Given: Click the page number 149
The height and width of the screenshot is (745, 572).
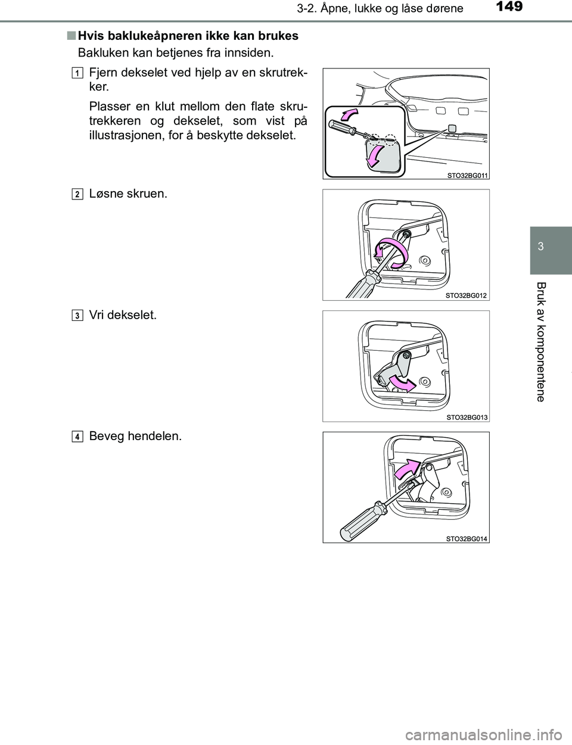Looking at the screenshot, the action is click(x=509, y=7).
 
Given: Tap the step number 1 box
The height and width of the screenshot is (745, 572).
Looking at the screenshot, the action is click(x=77, y=73).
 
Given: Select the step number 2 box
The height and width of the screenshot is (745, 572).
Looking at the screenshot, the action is click(x=77, y=194).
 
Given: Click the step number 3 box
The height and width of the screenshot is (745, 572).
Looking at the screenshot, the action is click(x=77, y=315).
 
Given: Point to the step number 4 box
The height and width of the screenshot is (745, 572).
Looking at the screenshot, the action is click(x=77, y=437).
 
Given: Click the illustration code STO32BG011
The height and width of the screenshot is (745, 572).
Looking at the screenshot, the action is click(x=467, y=176).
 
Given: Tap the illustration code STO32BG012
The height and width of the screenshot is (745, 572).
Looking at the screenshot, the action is click(x=467, y=295).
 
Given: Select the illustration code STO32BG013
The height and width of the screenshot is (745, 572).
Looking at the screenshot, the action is click(x=467, y=417).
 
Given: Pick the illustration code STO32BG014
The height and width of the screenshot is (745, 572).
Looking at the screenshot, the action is click(x=467, y=538).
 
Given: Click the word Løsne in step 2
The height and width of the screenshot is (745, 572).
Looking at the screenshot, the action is click(x=106, y=194).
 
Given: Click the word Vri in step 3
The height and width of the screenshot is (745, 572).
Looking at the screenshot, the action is click(x=97, y=314).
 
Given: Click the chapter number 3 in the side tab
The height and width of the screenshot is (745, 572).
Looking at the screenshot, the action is click(x=541, y=246).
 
